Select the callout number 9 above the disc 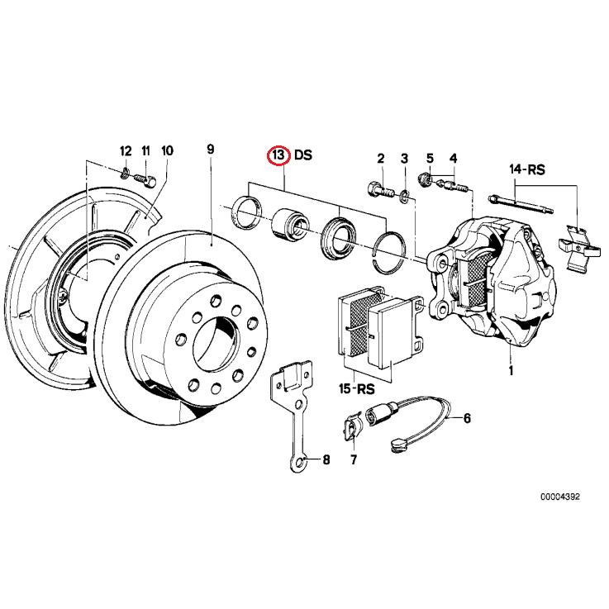coord(210,149)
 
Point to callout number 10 coord(167,150)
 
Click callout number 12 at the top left coord(126,150)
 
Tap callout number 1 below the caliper coord(511,371)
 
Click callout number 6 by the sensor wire coord(467,418)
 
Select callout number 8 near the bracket coord(325,460)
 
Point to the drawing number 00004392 coord(560,497)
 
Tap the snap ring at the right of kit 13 coord(388,248)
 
